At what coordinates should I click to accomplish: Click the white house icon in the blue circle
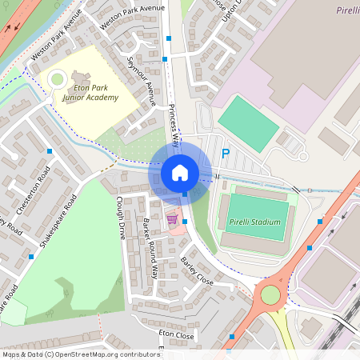click(x=180, y=173)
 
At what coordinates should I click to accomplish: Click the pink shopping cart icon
click(x=171, y=218)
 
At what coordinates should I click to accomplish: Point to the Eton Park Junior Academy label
click(x=90, y=92)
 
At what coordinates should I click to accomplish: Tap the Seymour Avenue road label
click(x=141, y=82)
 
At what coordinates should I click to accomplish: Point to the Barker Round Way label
click(x=150, y=246)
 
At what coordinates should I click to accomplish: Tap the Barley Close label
click(x=197, y=271)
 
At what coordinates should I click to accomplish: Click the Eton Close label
click(x=176, y=336)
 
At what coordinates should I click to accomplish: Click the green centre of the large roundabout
click(x=270, y=294)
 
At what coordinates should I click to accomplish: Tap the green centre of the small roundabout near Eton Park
click(x=57, y=79)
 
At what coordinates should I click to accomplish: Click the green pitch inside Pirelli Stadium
click(x=255, y=215)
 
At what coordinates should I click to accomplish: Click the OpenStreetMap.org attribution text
click(x=106, y=354)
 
